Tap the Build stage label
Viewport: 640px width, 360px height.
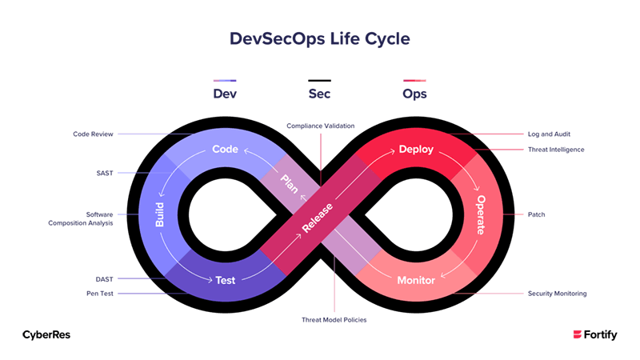(x=161, y=214)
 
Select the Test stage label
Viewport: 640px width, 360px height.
(x=225, y=280)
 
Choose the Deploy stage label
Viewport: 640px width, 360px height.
(x=415, y=150)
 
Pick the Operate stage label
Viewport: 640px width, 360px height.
(x=481, y=214)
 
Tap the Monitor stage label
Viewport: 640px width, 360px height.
(x=416, y=280)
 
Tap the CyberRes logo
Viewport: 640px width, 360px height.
(x=46, y=334)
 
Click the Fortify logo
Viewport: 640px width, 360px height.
(x=595, y=334)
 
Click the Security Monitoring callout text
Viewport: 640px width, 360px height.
(x=557, y=294)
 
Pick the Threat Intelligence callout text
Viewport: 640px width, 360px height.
(x=556, y=150)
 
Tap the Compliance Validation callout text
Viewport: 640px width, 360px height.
(x=321, y=126)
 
